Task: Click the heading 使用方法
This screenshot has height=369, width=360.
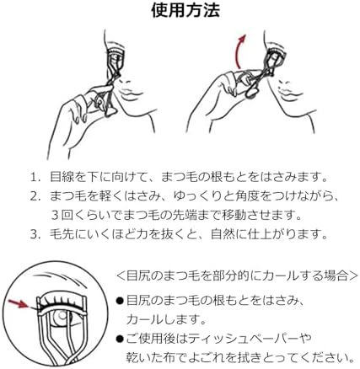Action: coord(185,10)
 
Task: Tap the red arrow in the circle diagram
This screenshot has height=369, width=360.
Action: coord(19,304)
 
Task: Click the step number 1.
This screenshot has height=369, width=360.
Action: coord(35,178)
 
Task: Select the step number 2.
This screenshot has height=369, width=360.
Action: coord(35,196)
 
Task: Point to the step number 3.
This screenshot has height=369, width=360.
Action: coord(35,234)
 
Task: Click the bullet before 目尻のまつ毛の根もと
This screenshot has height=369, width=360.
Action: coord(120,301)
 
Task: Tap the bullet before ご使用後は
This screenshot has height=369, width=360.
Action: coord(120,340)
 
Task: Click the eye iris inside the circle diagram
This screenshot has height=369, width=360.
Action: coord(62,316)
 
